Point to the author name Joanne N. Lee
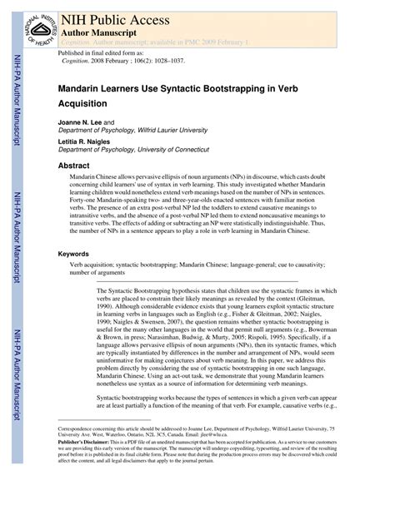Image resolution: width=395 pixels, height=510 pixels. [x=79, y=122]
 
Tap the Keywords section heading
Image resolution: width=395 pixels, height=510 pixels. [x=76, y=253]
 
